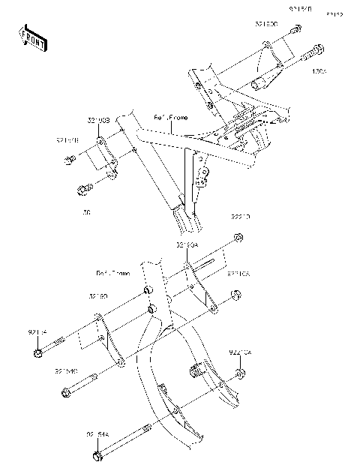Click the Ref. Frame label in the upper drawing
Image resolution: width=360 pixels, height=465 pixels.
tap(171, 118)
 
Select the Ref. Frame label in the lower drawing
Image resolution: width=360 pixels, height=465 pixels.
tap(112, 273)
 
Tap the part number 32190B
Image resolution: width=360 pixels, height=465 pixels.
tap(98, 120)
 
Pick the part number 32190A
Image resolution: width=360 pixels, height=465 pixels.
tap(187, 245)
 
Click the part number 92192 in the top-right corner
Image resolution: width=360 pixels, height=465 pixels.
tap(334, 13)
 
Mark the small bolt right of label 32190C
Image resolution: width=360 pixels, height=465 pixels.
tap(296, 29)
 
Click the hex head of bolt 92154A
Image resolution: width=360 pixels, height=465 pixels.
tap(97, 456)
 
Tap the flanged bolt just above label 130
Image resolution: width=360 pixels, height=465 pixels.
tap(84, 187)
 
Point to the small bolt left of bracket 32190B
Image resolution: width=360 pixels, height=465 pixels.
tap(69, 160)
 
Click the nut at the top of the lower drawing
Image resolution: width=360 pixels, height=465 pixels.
tap(238, 239)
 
